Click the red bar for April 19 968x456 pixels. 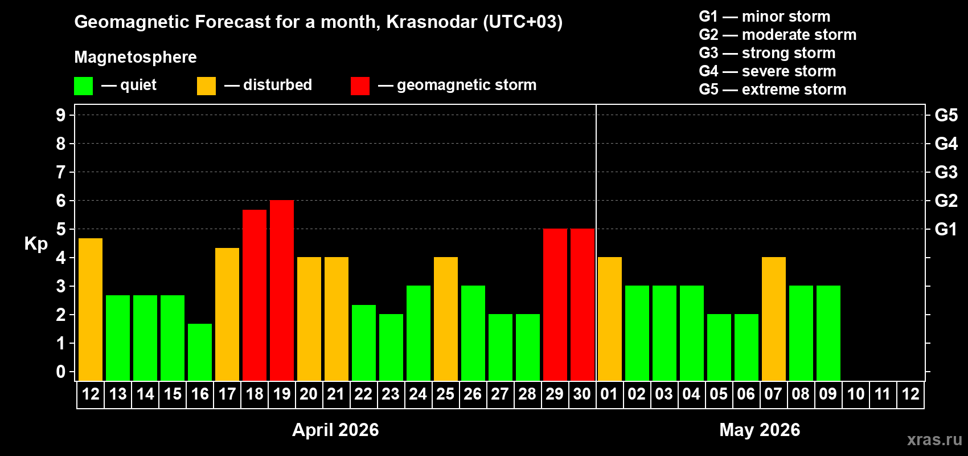coord(282,291)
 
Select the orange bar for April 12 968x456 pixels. coord(91,310)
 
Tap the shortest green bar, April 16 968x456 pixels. coord(200,352)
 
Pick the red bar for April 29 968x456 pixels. coord(555,305)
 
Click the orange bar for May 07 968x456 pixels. coord(774,319)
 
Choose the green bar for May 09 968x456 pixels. coord(828,333)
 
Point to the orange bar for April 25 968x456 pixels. coord(446,319)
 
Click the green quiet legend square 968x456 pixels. coord(84,86)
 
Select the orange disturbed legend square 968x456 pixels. coord(206,86)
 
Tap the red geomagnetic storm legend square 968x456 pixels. coord(360,86)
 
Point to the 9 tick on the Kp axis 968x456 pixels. coord(61,115)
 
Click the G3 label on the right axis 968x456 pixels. coord(946,172)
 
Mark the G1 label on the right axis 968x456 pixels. coord(946,229)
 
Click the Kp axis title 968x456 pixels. coord(36,244)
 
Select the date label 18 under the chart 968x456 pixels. coord(255,394)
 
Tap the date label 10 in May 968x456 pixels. coord(856,394)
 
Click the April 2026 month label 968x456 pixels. coord(335,430)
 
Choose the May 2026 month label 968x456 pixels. coord(760,430)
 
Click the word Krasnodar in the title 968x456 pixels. coord(432,22)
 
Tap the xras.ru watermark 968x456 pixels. coord(934,439)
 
